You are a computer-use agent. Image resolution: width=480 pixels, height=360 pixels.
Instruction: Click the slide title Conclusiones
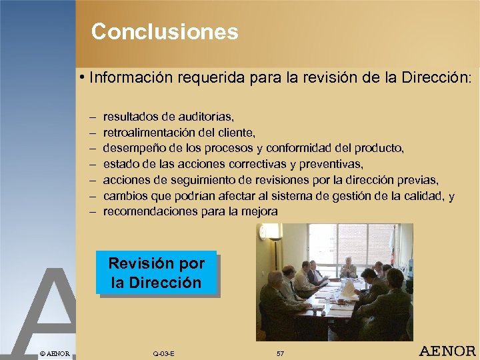[x=165, y=32]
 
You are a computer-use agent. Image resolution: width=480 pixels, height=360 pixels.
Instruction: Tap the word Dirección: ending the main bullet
[x=437, y=77]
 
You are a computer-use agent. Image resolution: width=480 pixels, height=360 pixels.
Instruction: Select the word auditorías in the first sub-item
[x=200, y=117]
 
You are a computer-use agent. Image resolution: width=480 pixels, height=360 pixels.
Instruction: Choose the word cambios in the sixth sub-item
[x=125, y=195]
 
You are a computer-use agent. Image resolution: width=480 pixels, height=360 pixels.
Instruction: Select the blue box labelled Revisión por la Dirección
[x=156, y=272]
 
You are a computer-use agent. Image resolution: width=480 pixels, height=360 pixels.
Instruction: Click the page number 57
[x=280, y=353]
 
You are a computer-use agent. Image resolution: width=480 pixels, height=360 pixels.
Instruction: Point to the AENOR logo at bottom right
[x=447, y=351]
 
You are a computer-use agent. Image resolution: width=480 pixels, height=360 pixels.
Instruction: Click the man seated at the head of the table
[x=348, y=267]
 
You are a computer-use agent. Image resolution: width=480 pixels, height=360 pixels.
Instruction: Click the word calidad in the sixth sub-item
[x=427, y=195]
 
